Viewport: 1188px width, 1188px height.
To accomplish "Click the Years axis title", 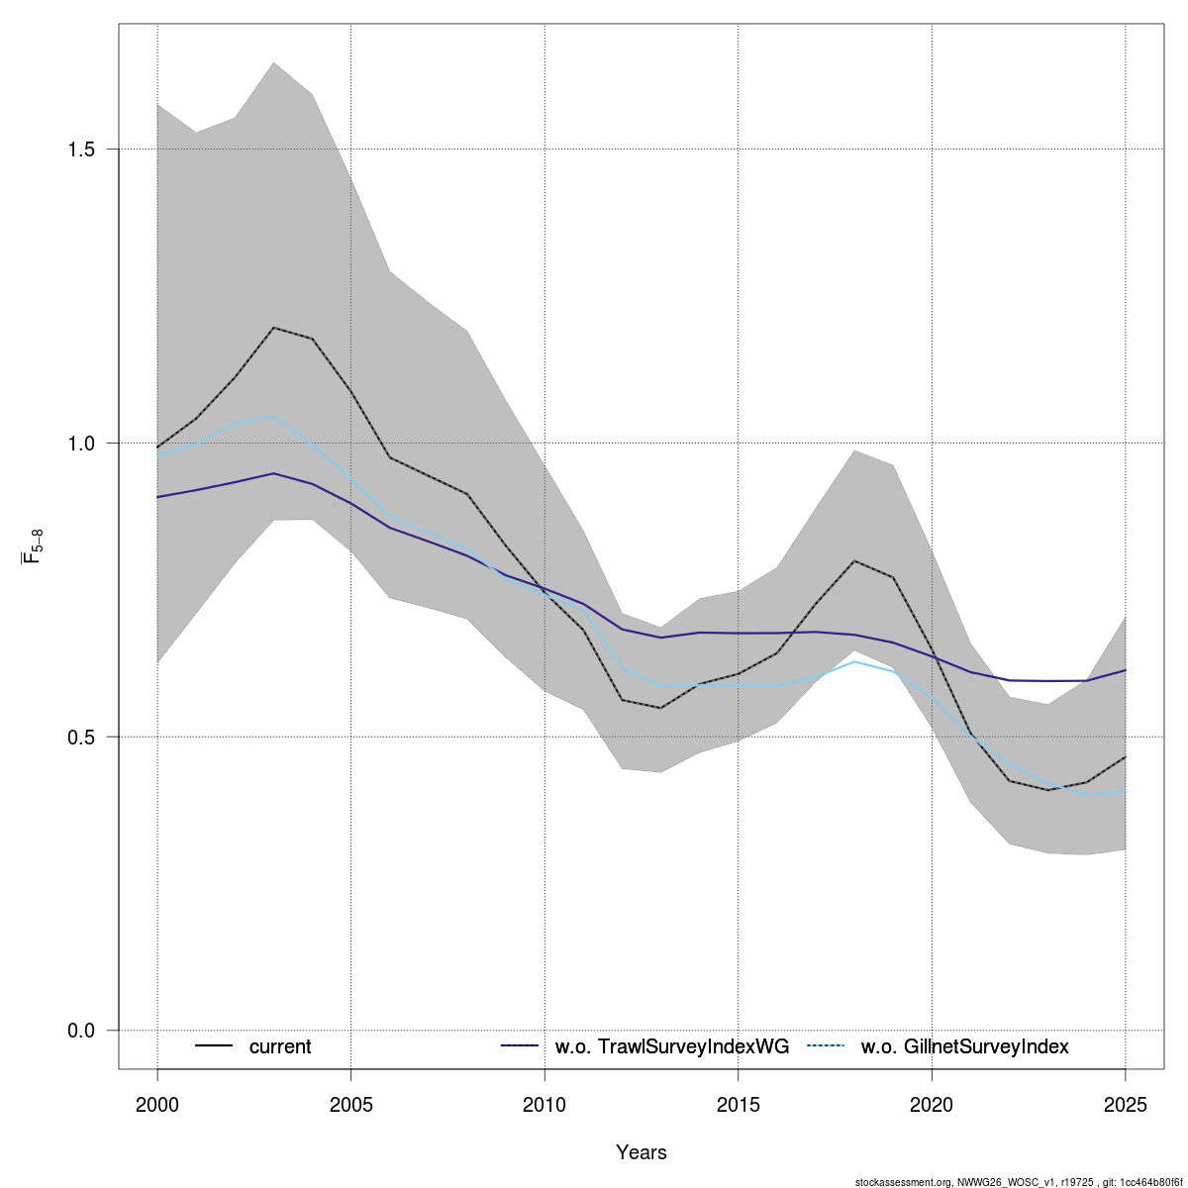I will [642, 1152].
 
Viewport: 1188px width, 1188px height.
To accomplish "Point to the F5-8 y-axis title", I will [33, 547].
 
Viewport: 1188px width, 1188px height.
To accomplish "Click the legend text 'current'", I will [280, 1046].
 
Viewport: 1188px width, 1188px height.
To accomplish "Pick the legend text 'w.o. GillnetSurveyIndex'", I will [965, 1046].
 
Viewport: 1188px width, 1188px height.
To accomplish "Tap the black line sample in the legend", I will [214, 1046].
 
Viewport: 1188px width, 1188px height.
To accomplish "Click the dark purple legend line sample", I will [520, 1046].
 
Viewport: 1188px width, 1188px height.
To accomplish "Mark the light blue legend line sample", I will [827, 1046].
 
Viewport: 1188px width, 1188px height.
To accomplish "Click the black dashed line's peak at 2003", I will [273, 328].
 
